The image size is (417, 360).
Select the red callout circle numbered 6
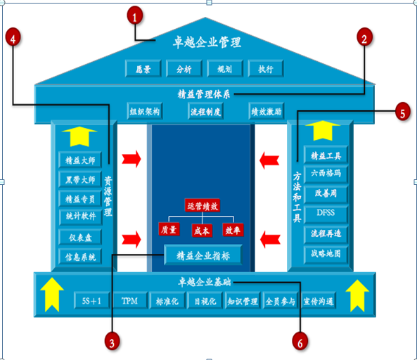tap(300, 341)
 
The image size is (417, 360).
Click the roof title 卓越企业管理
tap(207, 42)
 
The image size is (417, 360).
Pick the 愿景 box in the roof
tap(143, 69)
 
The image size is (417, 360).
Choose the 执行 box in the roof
tap(265, 69)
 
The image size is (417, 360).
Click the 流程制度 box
tap(205, 111)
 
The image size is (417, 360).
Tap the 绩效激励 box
tap(267, 111)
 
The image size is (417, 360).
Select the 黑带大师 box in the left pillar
tap(80, 179)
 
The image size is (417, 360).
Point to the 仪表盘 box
tap(80, 237)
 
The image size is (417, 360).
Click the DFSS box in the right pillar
tap(326, 213)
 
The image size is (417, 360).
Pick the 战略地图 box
tap(326, 254)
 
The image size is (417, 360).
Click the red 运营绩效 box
tap(203, 205)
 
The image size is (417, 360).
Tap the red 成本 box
tap(202, 230)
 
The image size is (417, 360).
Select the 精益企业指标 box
tap(203, 255)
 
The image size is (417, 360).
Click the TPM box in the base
tap(130, 301)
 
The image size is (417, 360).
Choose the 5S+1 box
tap(91, 301)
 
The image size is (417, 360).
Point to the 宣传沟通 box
tap(319, 301)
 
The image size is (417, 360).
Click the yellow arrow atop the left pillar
tap(79, 136)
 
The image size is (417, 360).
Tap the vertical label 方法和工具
tap(297, 197)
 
